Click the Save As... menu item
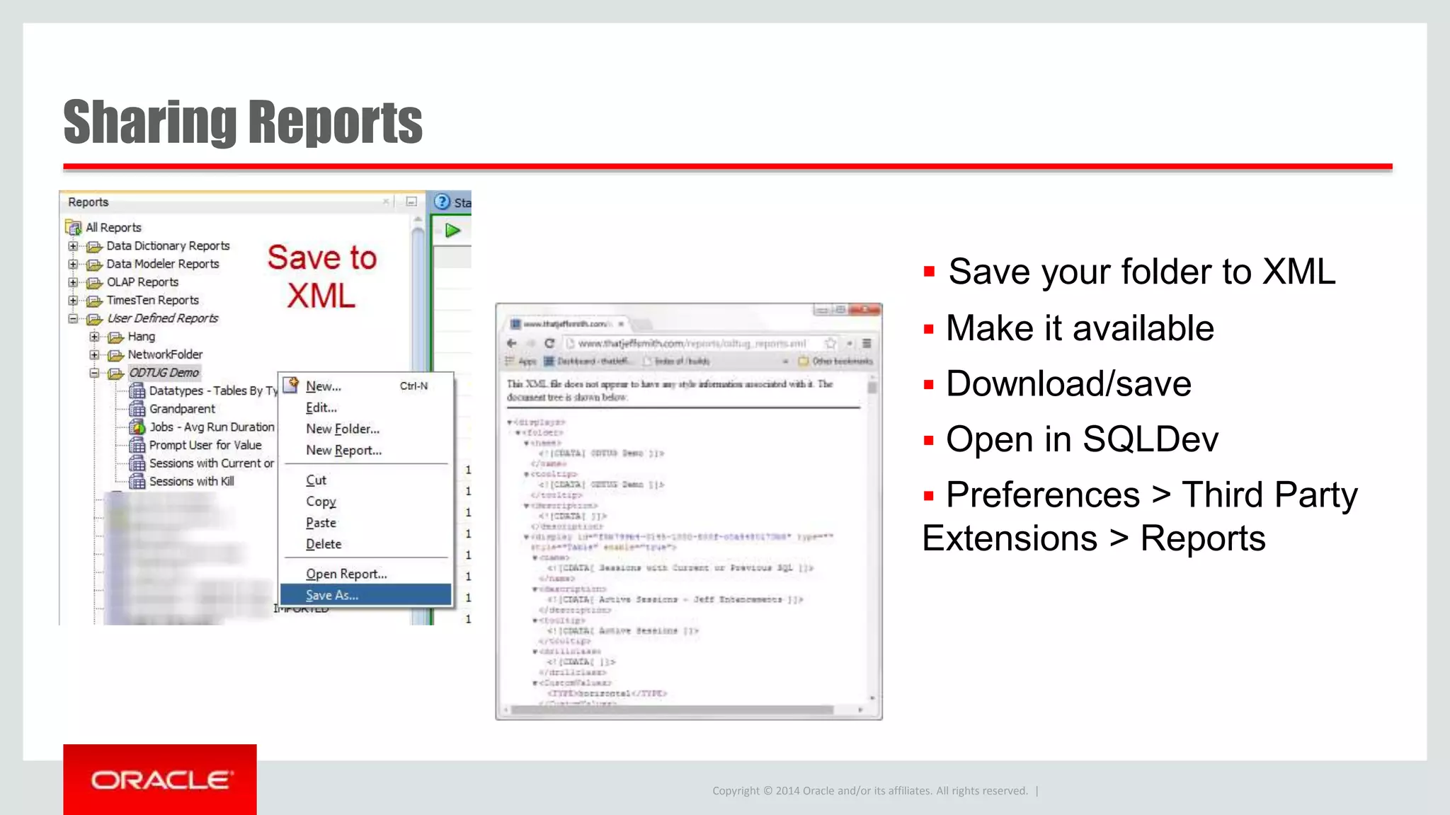(x=332, y=595)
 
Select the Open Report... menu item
(x=346, y=574)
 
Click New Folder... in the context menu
(x=343, y=429)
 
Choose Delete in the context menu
(x=324, y=544)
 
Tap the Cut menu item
(x=316, y=480)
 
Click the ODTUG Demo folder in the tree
(x=164, y=373)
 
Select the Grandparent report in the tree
(x=182, y=409)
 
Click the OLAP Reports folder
(x=142, y=282)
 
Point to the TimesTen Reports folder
(x=152, y=300)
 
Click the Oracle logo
(x=160, y=780)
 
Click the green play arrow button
(x=452, y=231)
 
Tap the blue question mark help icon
(x=443, y=202)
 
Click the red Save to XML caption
(x=321, y=277)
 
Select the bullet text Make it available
(x=1080, y=328)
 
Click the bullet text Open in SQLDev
(x=1082, y=439)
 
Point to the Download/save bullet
(x=1068, y=384)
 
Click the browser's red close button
(x=864, y=310)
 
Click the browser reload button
(x=549, y=343)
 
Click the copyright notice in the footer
(x=869, y=791)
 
